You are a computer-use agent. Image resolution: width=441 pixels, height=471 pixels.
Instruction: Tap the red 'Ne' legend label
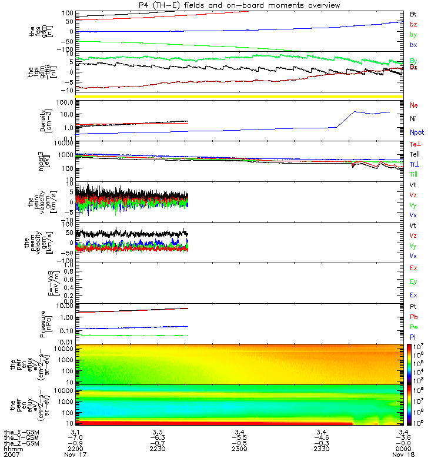point(414,105)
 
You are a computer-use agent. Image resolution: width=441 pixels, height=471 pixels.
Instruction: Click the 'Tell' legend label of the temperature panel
point(415,154)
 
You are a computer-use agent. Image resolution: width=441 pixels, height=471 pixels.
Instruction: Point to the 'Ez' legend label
point(414,268)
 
